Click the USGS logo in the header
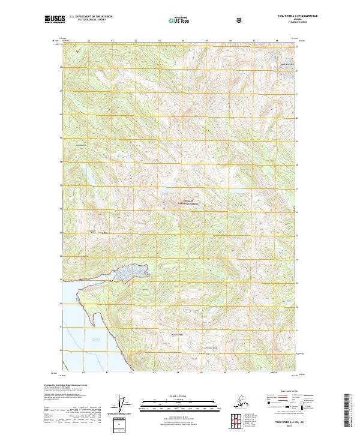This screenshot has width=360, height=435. tap(53, 21)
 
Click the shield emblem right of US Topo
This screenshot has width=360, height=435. tap(206, 21)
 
